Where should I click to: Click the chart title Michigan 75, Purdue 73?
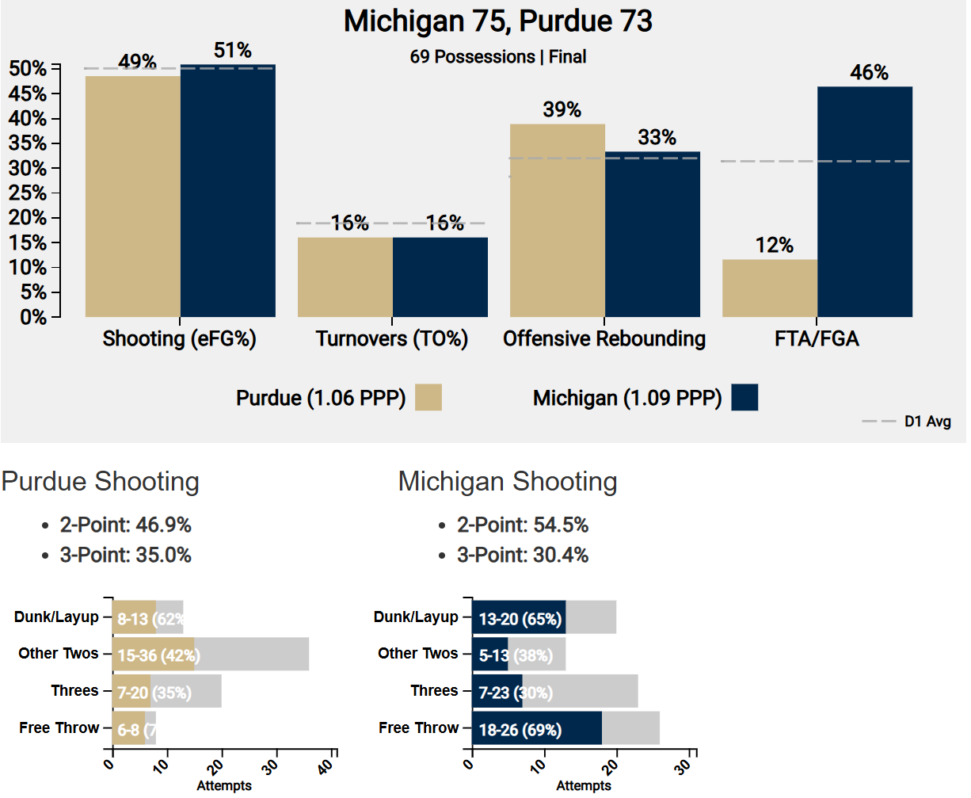[497, 22]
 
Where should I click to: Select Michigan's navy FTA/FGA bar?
[864, 202]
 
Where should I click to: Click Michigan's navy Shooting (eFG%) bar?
[227, 190]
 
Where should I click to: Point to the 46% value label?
[869, 73]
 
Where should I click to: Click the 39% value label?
[562, 110]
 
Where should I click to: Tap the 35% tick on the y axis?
[28, 143]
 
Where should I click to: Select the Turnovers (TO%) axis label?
[391, 339]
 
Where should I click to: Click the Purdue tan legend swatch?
[428, 397]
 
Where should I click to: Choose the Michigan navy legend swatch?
[744, 397]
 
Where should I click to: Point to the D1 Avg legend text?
[927, 422]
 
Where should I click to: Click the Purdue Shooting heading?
[101, 481]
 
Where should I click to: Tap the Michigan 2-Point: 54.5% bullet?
[522, 525]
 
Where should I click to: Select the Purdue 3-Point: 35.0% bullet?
[125, 555]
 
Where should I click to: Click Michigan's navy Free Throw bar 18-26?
[536, 728]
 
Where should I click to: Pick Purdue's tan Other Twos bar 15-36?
[153, 655]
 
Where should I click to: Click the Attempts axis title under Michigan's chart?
[583, 785]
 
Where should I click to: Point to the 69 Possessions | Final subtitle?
[497, 57]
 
